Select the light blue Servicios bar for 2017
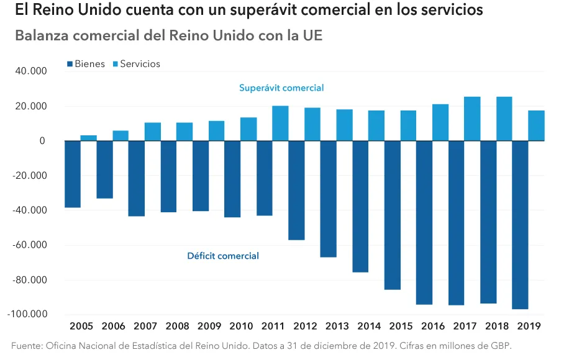tap(472, 119)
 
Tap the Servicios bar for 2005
tap(88, 138)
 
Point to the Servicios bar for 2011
tap(280, 124)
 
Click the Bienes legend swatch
tap(70, 64)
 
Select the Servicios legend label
tap(140, 64)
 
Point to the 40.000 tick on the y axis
tap(30, 71)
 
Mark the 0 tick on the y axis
tap(42, 141)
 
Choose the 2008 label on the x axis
tap(178, 326)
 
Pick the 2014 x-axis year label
tap(370, 326)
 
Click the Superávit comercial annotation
tap(281, 88)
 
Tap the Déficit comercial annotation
tap(223, 256)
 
